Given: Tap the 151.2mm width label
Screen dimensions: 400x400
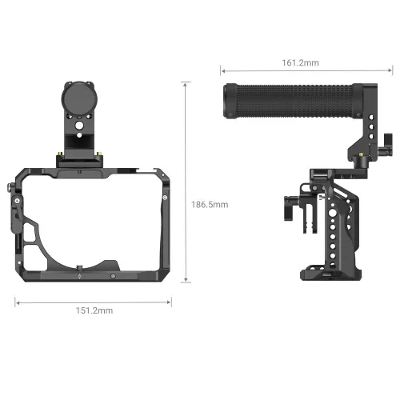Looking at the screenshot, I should coord(93,309).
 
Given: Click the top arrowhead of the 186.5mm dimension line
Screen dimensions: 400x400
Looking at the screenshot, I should coord(186,82).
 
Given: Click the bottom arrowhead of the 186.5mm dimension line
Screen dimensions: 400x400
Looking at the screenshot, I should coord(186,281).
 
